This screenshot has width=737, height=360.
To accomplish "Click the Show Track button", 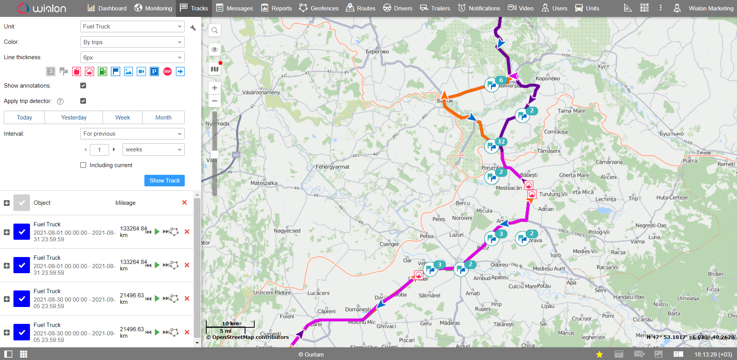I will [x=164, y=181].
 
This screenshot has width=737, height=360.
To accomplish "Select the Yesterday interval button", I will [x=74, y=118].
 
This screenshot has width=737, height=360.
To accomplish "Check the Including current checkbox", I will [x=83, y=165].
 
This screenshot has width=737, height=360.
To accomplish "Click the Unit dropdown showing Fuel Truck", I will [x=132, y=27].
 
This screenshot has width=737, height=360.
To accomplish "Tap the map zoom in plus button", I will [x=215, y=88].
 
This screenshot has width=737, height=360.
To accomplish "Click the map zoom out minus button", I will [x=215, y=101].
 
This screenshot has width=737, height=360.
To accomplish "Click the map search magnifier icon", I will [x=215, y=30].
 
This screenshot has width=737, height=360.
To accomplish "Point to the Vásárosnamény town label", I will [x=261, y=93].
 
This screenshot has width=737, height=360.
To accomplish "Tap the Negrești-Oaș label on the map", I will [x=651, y=226].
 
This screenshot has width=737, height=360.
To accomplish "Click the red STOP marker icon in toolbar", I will [x=167, y=71].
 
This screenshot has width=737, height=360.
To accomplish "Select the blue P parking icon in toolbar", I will [x=154, y=71].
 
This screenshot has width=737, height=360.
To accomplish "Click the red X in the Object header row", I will [x=184, y=202].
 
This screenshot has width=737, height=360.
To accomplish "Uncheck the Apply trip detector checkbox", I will [x=83, y=101].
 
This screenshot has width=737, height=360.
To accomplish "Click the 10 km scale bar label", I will [x=230, y=324].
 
